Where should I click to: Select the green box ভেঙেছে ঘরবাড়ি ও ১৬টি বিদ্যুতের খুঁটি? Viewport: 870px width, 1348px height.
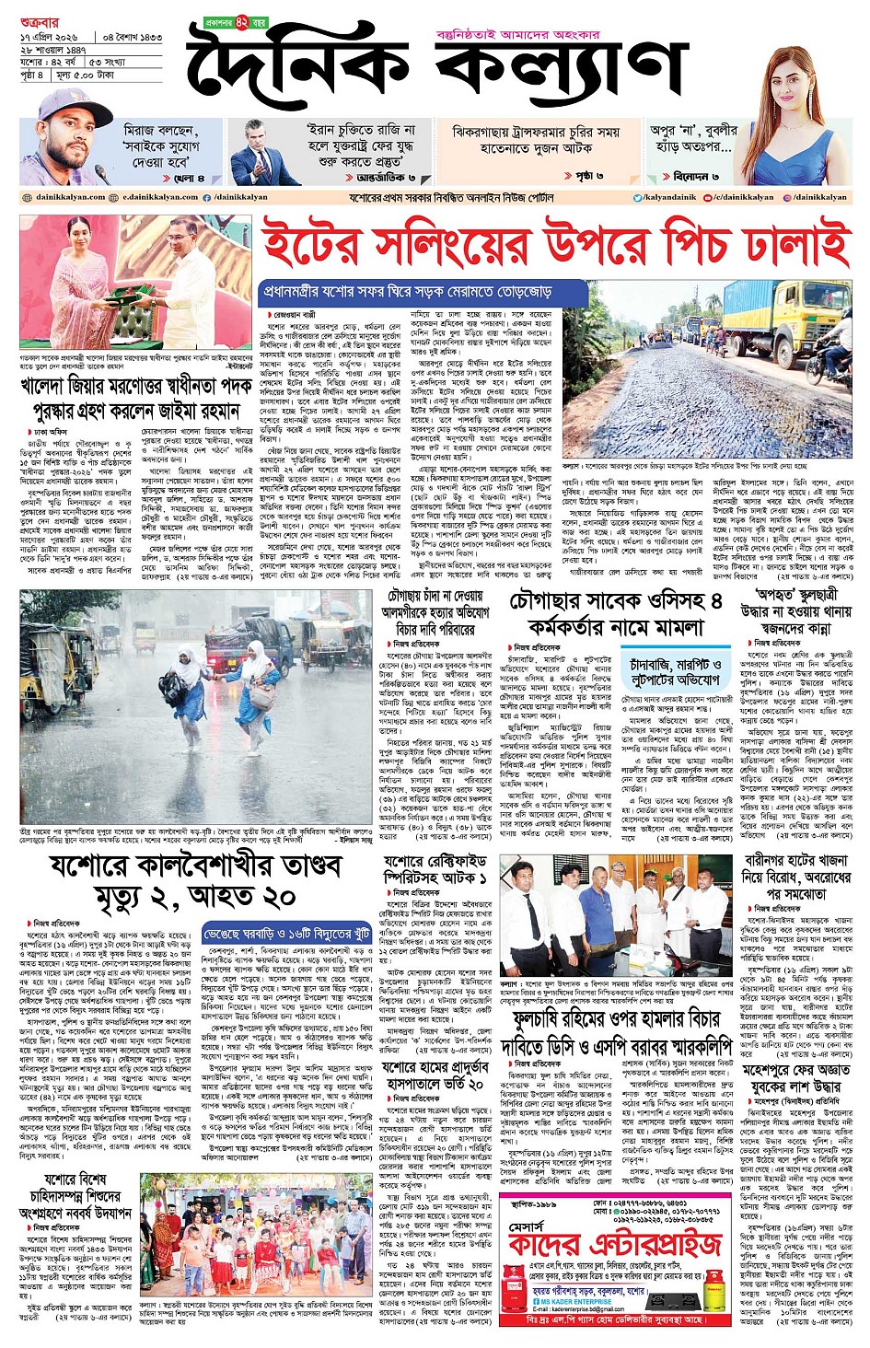point(290,935)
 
